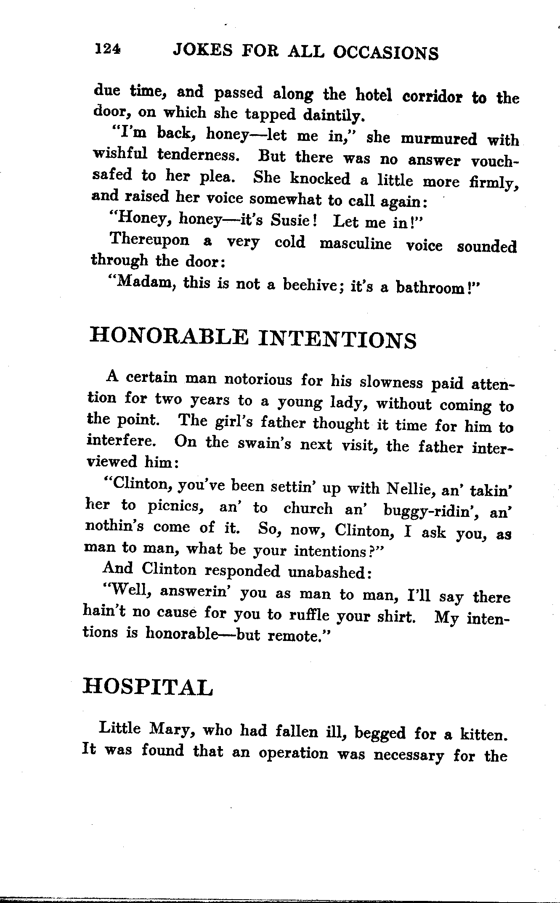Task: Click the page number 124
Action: click(108, 50)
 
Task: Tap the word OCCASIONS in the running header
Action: click(385, 53)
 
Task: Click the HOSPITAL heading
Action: click(148, 686)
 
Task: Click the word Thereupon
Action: click(149, 240)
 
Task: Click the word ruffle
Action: click(310, 615)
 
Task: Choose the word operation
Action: click(293, 753)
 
